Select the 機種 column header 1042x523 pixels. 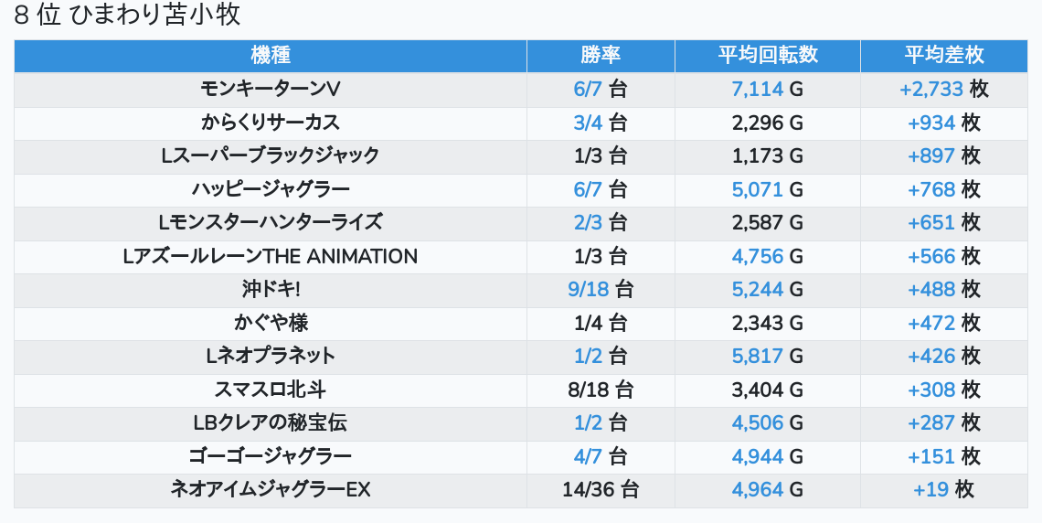pos(270,55)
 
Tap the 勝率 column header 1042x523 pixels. pos(601,55)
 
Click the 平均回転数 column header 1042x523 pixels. pos(767,55)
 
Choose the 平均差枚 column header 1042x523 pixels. pos(943,55)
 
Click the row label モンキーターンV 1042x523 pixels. pos(270,89)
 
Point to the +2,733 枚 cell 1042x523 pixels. pos(943,89)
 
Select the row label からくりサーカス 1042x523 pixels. pos(270,123)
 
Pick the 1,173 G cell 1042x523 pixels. pos(767,156)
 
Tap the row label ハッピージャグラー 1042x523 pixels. pos(270,189)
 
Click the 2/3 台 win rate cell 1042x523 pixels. pos(601,223)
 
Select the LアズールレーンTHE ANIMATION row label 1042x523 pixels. pos(270,256)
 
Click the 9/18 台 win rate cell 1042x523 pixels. pos(601,290)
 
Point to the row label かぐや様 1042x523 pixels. pos(270,323)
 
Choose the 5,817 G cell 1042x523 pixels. pos(767,357)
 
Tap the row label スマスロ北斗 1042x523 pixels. pos(270,390)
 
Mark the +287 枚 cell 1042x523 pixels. pos(943,423)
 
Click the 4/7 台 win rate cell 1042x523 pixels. pos(601,456)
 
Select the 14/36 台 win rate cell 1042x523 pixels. pos(601,490)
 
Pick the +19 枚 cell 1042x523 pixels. pos(943,490)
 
